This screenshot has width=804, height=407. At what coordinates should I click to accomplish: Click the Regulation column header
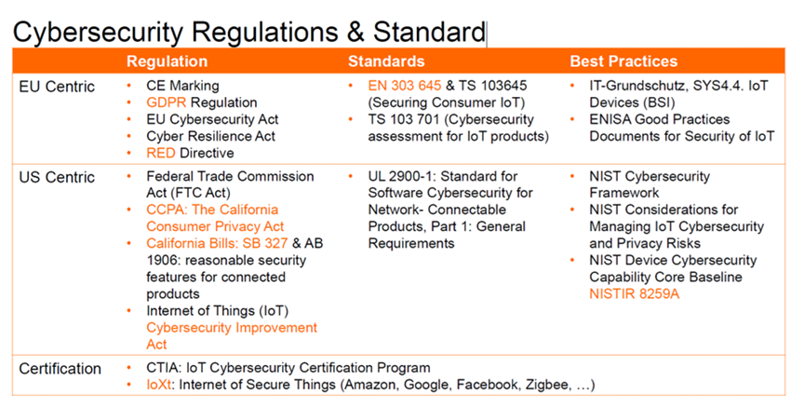point(167,61)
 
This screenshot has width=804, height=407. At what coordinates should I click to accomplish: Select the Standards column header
point(386,61)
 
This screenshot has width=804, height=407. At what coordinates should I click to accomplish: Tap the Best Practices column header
point(623,61)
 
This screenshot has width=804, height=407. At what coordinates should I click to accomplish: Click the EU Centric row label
point(57,87)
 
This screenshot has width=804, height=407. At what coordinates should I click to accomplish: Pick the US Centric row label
point(57,176)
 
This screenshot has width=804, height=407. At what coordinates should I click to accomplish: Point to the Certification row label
point(60,368)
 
